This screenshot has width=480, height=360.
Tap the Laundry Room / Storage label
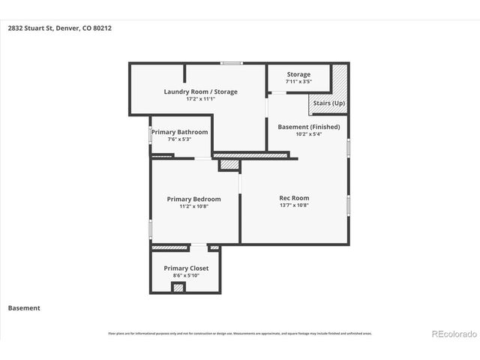[200, 91]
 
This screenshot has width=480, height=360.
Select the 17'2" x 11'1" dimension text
[200, 98]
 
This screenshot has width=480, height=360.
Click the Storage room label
[298, 74]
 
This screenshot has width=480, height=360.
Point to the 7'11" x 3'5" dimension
[298, 81]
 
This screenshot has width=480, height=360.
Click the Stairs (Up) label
[328, 102]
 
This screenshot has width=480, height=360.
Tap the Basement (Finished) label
[308, 127]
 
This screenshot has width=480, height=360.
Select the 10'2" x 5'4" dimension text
[308, 134]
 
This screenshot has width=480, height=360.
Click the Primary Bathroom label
[179, 132]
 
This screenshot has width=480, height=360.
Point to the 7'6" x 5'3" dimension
[179, 139]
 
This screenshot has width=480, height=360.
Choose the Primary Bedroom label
[193, 199]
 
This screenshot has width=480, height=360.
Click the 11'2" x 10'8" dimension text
[193, 206]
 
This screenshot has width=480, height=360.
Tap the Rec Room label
[294, 197]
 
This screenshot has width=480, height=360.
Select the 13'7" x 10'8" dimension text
[294, 205]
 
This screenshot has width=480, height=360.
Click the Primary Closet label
[186, 268]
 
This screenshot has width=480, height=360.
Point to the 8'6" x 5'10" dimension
[186, 275]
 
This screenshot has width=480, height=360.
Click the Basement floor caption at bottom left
[24, 307]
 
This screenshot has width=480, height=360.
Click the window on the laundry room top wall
[232, 63]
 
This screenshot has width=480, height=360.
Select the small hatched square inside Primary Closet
[178, 286]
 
